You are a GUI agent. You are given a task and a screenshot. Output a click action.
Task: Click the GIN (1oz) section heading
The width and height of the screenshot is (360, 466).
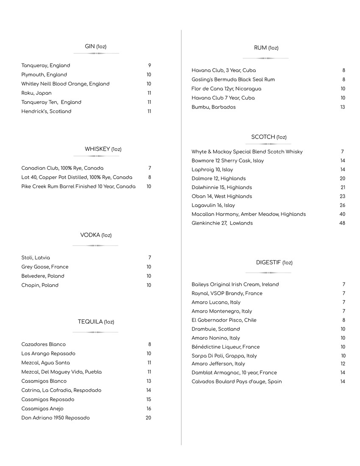(96, 47)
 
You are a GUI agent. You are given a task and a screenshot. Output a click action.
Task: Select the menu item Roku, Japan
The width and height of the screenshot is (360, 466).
(36, 93)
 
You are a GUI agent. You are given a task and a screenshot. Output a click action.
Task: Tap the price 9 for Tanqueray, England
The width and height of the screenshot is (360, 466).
(150, 66)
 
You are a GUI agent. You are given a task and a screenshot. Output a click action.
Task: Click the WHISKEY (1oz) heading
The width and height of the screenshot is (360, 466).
(103, 149)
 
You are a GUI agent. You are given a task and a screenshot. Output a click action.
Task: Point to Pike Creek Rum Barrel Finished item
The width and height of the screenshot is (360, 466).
(78, 186)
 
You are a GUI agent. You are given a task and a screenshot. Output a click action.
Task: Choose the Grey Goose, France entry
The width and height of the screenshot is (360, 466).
(45, 267)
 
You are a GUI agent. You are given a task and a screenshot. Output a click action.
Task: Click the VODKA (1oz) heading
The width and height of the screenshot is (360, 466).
(96, 235)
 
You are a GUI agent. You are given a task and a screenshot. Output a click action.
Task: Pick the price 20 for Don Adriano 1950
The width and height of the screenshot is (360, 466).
(148, 418)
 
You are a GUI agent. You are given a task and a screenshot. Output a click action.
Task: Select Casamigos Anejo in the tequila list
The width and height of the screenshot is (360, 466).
(42, 409)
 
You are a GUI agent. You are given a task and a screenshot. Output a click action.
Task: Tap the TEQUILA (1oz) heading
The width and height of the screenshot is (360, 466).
(96, 322)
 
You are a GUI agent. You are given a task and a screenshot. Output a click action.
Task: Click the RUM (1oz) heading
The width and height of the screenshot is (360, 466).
(266, 48)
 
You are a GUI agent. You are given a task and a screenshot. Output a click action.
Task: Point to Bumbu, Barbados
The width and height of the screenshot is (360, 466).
(213, 107)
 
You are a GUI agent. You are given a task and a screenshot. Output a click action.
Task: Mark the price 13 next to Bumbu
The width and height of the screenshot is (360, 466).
(343, 107)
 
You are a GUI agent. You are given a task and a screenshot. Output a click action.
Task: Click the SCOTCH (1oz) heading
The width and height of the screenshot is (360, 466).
(269, 137)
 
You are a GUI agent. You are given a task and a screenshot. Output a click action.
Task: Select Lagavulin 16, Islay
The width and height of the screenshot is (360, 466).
(213, 205)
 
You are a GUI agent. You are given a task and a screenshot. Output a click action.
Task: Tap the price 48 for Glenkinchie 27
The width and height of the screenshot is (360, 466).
(342, 223)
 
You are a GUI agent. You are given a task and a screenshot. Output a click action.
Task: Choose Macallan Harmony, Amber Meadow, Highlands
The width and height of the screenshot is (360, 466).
(248, 214)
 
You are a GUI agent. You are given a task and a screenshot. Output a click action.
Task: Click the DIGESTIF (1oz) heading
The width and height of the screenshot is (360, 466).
(274, 263)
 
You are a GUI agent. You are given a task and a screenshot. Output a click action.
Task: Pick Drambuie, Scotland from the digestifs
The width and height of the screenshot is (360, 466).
(216, 329)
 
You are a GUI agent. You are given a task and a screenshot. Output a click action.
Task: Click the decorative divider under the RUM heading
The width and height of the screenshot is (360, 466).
(266, 58)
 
